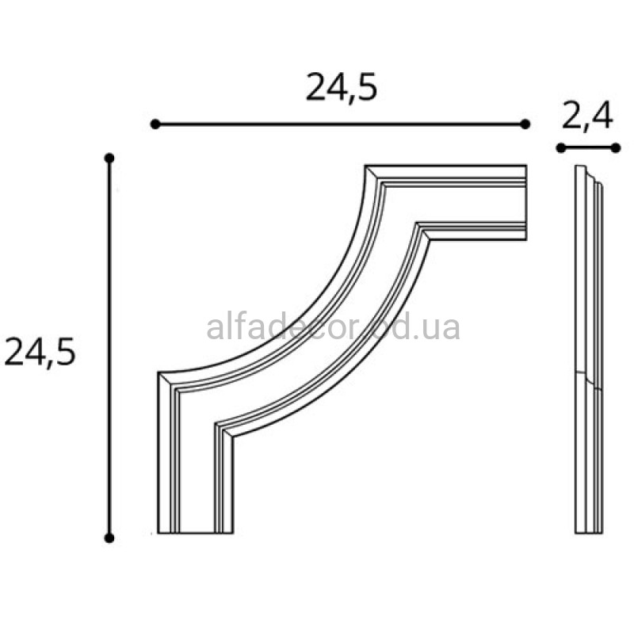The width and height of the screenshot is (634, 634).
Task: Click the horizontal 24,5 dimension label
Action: pos(342,88)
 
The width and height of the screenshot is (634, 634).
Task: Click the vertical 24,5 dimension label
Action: pos(40,353)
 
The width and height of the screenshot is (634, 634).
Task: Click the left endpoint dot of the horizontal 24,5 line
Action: pos(155,124)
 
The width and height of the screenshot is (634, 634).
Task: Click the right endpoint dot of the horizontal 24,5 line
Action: pos(525,124)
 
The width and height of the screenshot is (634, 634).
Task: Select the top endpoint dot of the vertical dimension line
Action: pos(109,158)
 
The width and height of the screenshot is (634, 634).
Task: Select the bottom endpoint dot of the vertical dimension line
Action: pos(109,538)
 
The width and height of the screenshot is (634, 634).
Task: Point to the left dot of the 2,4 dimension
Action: pos(561,148)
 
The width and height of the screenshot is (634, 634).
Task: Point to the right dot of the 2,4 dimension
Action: pos(616,148)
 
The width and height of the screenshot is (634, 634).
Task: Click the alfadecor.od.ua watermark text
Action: pos(334,327)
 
